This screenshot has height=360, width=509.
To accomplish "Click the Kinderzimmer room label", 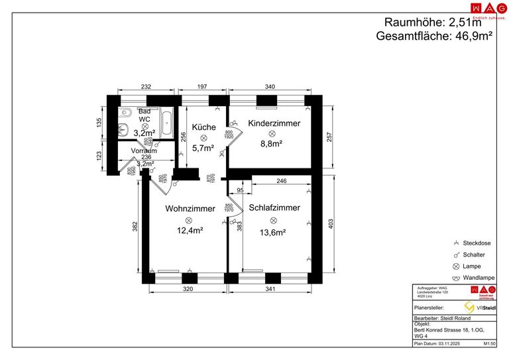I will coord(274,123).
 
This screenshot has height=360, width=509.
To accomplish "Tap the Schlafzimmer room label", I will coord(274,208).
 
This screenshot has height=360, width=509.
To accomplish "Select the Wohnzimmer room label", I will coord(190,208).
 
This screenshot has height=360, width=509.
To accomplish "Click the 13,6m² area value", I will coord(272,232).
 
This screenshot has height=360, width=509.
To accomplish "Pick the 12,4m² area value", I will coord(190,231).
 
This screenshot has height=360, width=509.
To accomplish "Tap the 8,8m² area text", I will coord(272,144).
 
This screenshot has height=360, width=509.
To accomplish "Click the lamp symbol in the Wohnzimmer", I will coord(189,219).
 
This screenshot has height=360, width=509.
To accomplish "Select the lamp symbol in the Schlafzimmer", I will coord(273,220).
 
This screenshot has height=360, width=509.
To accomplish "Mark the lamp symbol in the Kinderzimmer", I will coord(272,133).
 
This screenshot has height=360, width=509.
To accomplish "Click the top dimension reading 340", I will coord(270,87).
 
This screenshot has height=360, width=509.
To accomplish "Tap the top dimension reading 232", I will coord(146,87).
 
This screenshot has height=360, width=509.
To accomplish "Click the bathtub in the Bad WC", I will coord(166,122).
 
